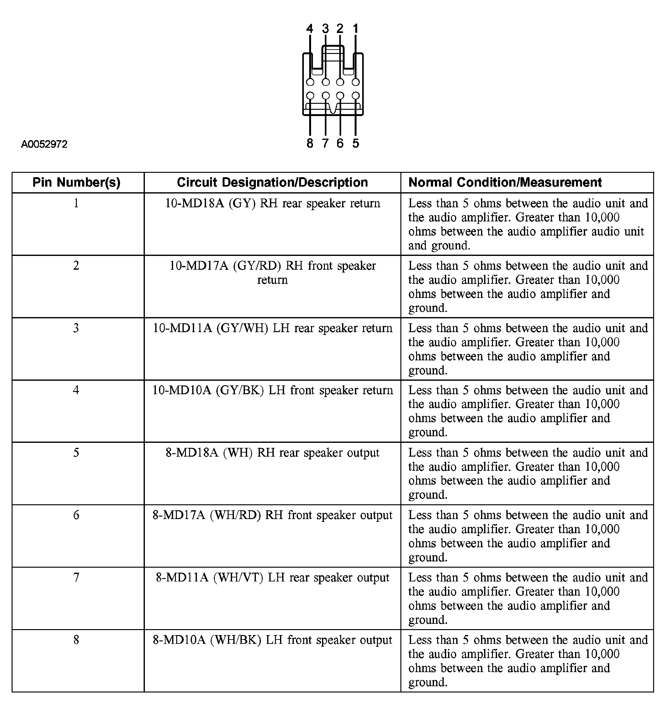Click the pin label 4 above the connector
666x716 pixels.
point(309,29)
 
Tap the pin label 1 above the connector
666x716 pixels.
point(356,29)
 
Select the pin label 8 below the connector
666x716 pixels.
point(309,143)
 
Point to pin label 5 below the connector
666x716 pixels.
point(356,143)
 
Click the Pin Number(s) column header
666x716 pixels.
point(76,183)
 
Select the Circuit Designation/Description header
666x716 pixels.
point(272,183)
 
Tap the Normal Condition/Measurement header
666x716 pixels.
point(505,183)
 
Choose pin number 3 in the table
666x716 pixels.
point(76,328)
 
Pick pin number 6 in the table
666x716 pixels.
point(76,515)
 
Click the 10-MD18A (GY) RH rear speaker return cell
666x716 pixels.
point(272,204)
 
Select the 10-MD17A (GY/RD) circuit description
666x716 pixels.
point(272,273)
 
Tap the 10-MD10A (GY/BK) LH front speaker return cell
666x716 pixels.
point(272,390)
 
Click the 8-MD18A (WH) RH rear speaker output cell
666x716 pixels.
point(272,453)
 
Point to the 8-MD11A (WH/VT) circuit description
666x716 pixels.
point(272,578)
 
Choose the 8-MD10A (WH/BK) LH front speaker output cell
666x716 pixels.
point(272,640)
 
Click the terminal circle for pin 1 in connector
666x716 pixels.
point(356,82)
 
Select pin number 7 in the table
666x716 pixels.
point(76,578)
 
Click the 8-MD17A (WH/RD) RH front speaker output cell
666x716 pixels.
point(272,515)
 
